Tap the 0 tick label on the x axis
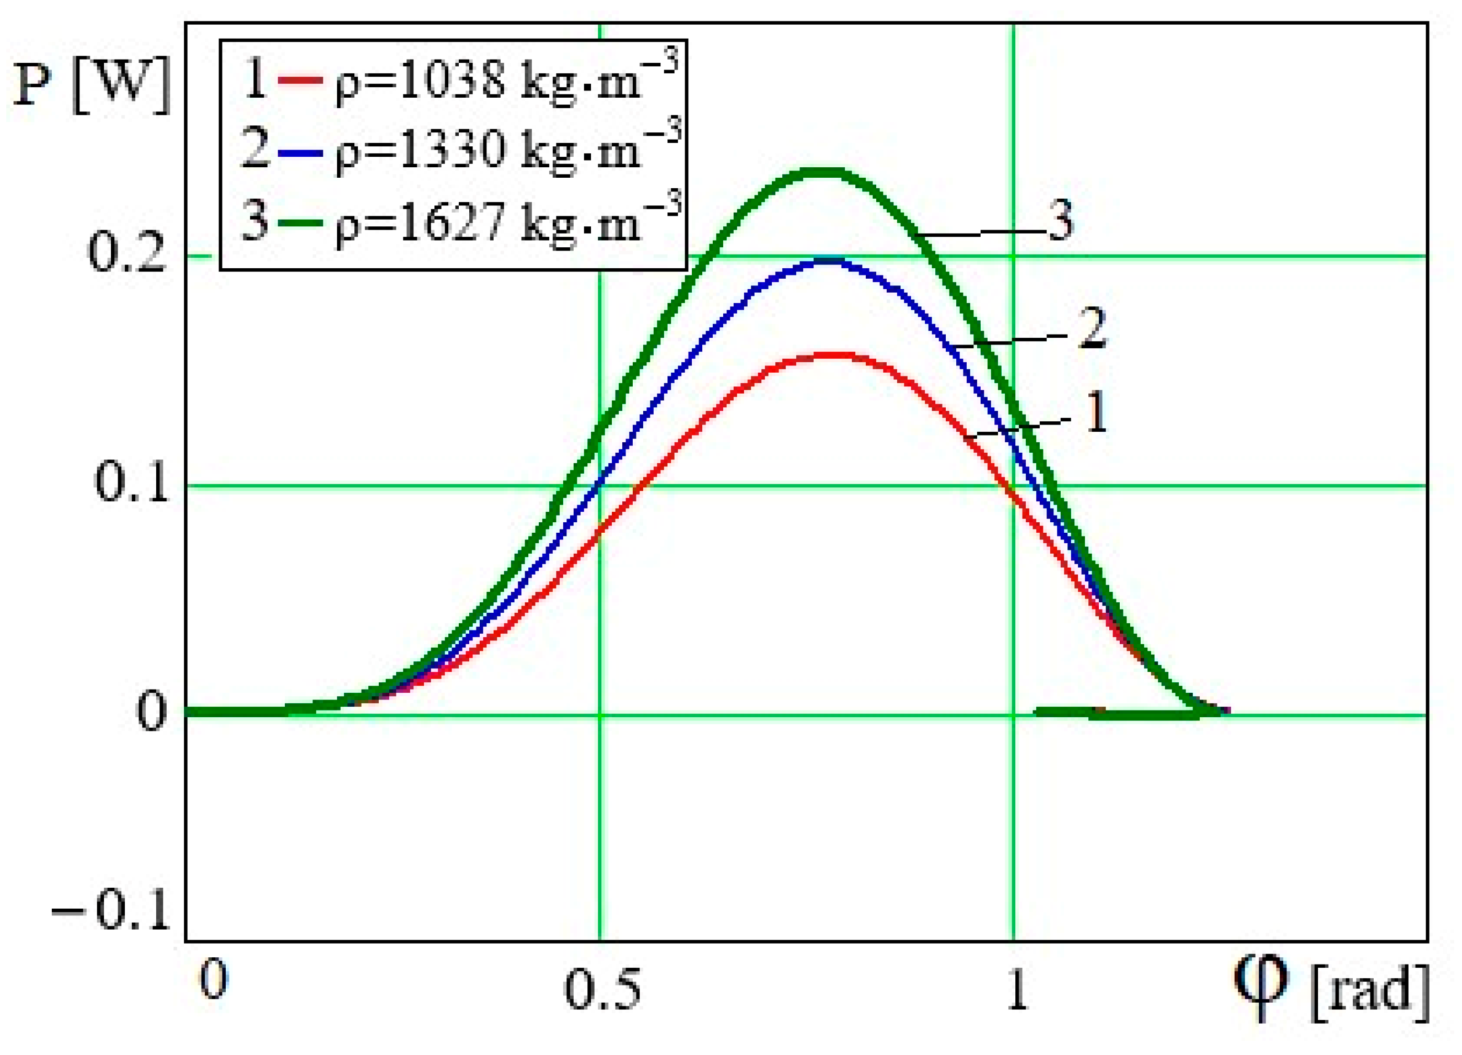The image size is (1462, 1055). tap(213, 980)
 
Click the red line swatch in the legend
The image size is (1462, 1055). tap(300, 81)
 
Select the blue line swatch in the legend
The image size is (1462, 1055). tap(300, 152)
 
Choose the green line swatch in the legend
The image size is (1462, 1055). tap(300, 223)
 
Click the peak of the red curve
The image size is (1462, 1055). tap(835, 354)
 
